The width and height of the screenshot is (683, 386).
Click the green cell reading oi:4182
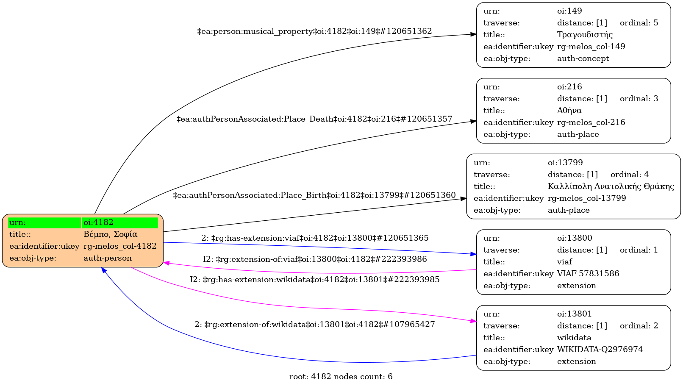click(120, 222)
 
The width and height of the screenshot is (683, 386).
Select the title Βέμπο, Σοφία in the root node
click(110, 234)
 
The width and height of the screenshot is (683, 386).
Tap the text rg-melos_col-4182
click(120, 246)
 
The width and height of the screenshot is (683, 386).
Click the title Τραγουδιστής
click(585, 35)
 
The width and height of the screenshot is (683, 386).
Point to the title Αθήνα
click(569, 111)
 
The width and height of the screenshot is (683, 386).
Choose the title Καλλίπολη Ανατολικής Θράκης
click(611, 186)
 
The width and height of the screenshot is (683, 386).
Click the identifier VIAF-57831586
click(588, 274)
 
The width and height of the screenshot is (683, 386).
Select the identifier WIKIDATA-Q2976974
click(600, 350)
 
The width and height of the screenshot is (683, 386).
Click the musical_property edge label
click(314, 31)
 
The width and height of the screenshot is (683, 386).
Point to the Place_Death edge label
click(314, 119)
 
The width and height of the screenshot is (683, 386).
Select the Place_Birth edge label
click(314, 195)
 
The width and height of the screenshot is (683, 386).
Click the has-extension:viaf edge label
click(315, 238)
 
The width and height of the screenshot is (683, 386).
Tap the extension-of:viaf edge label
click(315, 259)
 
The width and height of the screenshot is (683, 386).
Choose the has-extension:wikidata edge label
click(314, 280)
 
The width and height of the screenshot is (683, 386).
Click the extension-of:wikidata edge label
click(314, 325)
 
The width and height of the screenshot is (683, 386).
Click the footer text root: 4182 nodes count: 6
click(341, 377)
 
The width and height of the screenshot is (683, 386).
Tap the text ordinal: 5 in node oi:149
click(639, 23)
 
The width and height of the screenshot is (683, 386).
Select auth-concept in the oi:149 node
click(583, 58)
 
